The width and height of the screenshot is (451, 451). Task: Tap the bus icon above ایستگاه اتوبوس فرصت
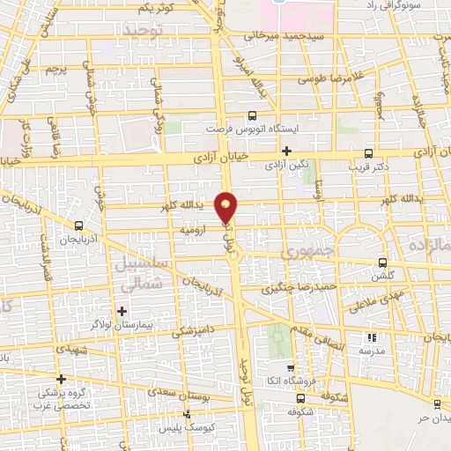tap(253, 115)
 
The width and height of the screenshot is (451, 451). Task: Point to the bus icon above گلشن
tap(381, 262)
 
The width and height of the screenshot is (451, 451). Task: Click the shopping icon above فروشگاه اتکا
tap(291, 368)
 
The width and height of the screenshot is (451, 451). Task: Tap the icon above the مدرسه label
tap(371, 337)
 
